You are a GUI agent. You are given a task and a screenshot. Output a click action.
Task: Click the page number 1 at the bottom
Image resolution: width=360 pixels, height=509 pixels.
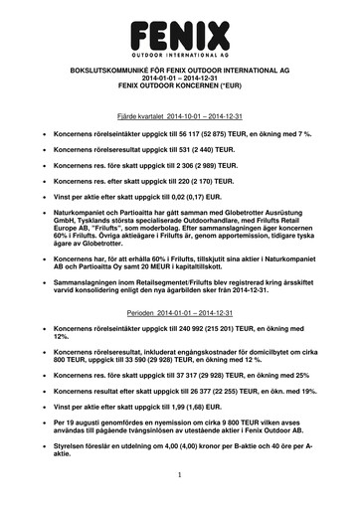coord(180,479)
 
